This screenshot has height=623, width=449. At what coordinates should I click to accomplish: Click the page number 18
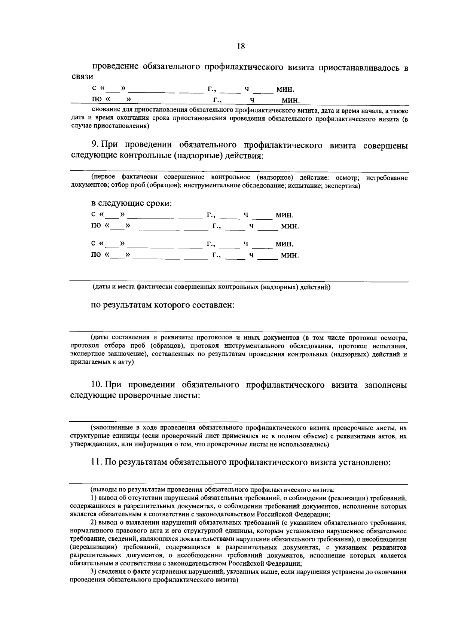click(241, 46)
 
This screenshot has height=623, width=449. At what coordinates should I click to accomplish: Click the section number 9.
click(94, 145)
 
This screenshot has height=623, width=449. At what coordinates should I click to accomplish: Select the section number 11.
click(96, 462)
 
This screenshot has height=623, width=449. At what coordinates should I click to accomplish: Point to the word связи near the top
click(82, 77)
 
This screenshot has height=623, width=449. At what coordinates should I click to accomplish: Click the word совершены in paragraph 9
click(385, 146)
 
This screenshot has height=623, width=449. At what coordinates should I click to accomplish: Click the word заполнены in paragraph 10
click(385, 385)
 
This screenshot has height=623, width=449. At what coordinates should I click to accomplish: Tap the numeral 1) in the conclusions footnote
click(94, 498)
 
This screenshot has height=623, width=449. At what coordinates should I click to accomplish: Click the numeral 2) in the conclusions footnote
click(94, 523)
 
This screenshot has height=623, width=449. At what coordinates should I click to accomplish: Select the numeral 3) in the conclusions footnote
click(94, 572)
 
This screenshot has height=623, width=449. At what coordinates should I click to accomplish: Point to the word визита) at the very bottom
click(225, 580)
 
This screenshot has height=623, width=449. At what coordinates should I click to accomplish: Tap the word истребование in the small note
click(387, 178)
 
